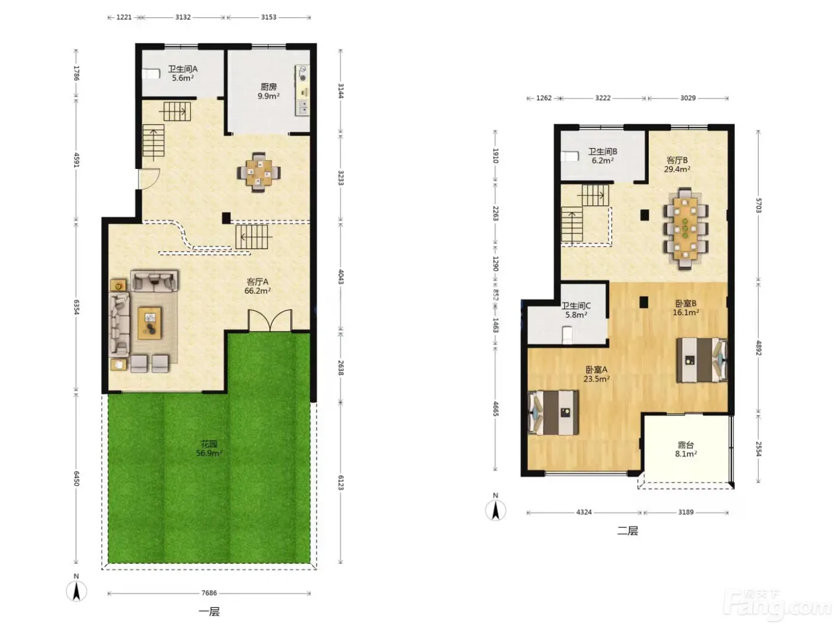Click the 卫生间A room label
[x=183, y=69]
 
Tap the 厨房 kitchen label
[x=268, y=87]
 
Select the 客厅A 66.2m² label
[x=258, y=286]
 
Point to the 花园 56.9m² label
[x=209, y=448]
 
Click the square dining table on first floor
[x=259, y=173]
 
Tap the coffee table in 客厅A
[x=149, y=323]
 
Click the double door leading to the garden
[x=270, y=321]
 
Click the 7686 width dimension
[x=209, y=593]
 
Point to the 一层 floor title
[x=209, y=611]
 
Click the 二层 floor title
[x=627, y=531]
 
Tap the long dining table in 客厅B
[x=685, y=229]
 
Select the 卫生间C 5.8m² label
[x=576, y=311]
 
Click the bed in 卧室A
[x=553, y=412]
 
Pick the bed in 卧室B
[x=702, y=359]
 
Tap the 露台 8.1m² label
[x=686, y=449]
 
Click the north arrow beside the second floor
[x=496, y=510]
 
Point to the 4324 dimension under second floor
[x=584, y=512]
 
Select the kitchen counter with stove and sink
[x=303, y=90]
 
